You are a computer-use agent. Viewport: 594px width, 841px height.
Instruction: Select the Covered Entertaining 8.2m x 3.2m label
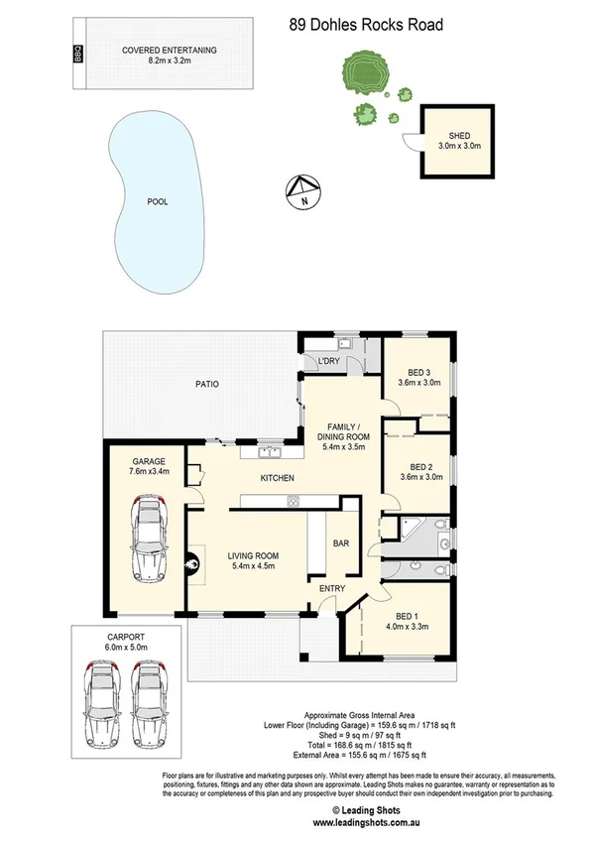pyautogui.click(x=170, y=55)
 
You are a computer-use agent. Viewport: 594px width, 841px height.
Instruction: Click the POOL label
pyautogui.click(x=157, y=201)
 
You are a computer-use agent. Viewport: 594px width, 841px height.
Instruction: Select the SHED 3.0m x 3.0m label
pyautogui.click(x=459, y=141)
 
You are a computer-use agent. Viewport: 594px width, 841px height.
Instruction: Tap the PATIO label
pyautogui.click(x=206, y=383)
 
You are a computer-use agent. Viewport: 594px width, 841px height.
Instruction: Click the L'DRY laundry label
pyautogui.click(x=329, y=361)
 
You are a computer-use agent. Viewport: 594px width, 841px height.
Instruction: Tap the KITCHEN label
pyautogui.click(x=277, y=479)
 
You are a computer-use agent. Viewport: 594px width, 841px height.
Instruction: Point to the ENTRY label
pyautogui.click(x=331, y=589)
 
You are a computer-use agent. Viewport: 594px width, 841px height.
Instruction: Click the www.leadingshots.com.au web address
pyautogui.click(x=362, y=822)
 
